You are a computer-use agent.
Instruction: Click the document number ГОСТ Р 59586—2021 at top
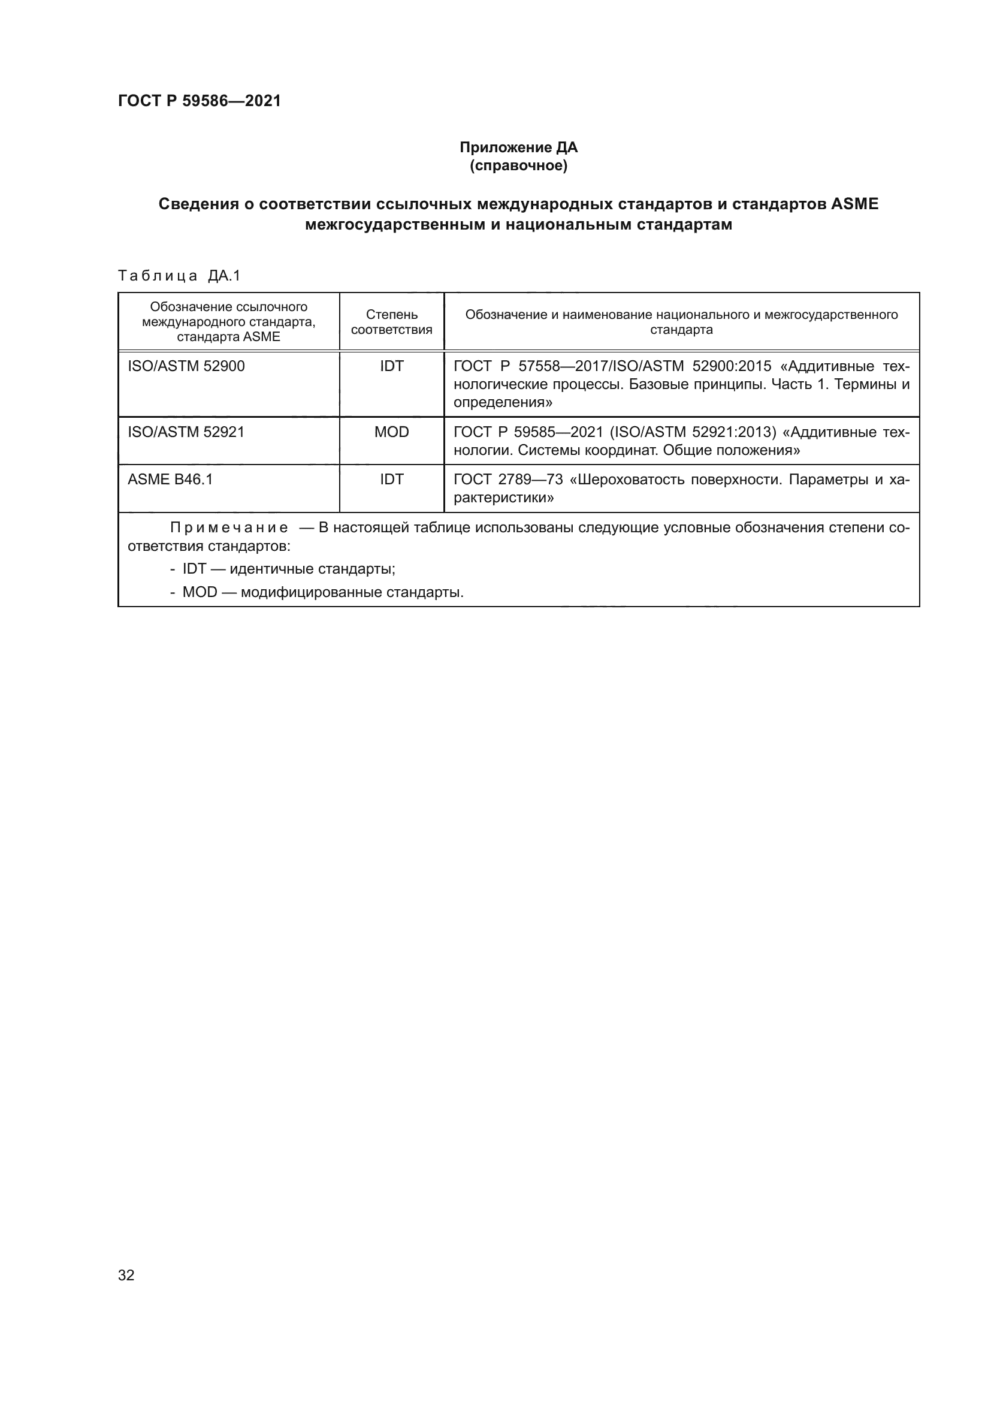pos(200,101)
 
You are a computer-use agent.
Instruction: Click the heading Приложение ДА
pos(518,147)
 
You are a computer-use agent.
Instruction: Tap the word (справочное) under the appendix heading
pos(518,165)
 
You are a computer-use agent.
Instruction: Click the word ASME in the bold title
pos(854,204)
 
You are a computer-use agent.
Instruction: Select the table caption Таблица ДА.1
pos(179,276)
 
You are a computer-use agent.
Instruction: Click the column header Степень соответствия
pos(392,322)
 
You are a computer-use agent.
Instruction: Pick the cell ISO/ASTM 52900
pos(186,366)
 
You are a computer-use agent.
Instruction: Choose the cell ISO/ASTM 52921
pos(186,432)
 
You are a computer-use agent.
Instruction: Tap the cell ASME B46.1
pos(170,480)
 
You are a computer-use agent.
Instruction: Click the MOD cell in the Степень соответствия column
pos(392,432)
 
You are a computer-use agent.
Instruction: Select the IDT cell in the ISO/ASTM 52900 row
pos(392,366)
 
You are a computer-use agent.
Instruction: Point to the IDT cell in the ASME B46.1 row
pos(392,480)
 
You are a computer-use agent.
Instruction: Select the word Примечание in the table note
pos(229,527)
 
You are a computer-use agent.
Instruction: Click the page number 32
pos(126,1275)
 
